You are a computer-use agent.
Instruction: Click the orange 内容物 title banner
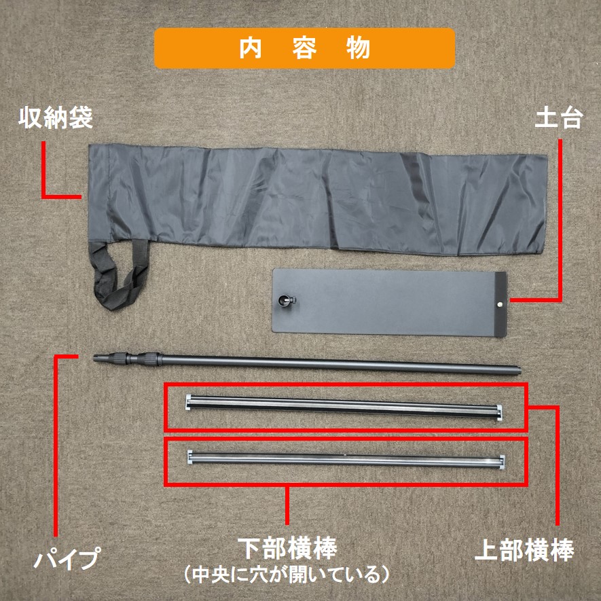[x=304, y=48]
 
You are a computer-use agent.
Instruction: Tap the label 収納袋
[x=56, y=117]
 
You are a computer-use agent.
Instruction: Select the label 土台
[x=559, y=117]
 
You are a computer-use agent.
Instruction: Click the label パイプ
[x=67, y=558]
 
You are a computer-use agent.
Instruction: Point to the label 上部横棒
[x=524, y=550]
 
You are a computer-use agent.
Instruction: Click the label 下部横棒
[x=287, y=549]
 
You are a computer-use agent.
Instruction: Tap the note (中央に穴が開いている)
[x=287, y=575]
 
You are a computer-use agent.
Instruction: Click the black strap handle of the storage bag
[x=120, y=274]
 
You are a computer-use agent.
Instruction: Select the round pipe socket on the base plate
[x=285, y=301]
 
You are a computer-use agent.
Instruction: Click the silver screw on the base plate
[x=500, y=304]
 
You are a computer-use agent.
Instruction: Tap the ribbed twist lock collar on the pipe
[x=149, y=359]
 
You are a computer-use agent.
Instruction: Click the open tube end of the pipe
[x=518, y=370]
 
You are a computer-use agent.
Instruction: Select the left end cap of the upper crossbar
[x=188, y=402]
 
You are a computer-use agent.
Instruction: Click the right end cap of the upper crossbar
[x=499, y=412]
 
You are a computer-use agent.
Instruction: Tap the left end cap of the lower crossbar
[x=190, y=456]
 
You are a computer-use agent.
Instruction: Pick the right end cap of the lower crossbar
[x=502, y=462]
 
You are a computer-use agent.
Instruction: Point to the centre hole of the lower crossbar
[x=346, y=455]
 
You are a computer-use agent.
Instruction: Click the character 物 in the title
[x=359, y=48]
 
